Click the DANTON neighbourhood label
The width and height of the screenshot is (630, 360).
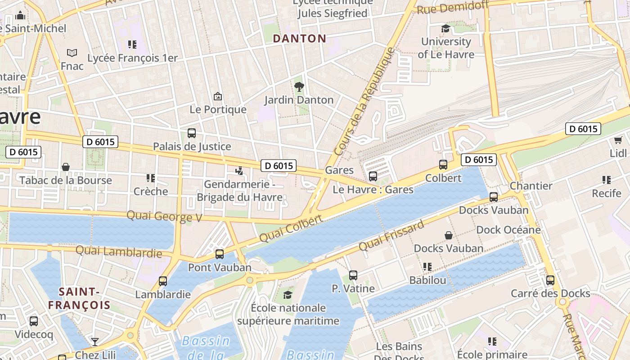299,39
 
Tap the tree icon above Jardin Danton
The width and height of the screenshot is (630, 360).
299,86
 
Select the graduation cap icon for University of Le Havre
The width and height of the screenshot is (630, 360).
445,29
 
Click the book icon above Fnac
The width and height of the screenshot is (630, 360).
72,53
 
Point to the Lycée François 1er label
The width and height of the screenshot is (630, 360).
132,58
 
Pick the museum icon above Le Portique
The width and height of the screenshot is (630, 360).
218,96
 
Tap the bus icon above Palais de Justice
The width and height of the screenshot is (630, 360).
192,133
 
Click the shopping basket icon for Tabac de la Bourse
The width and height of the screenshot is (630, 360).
66,167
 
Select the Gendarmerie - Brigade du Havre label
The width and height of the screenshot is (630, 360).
239,191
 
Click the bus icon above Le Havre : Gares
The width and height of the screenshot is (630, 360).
373,176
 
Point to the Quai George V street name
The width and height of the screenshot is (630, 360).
164,216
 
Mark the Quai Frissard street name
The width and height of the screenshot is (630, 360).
391,236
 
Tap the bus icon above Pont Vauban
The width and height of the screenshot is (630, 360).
220,254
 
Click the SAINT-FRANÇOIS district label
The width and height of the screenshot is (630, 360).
79,298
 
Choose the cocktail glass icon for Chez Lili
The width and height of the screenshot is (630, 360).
94,342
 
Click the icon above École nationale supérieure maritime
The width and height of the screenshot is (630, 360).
288,295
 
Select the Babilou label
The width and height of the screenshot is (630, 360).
427,280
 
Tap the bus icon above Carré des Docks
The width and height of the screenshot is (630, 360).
550,280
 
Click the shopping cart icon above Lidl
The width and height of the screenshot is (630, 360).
618,140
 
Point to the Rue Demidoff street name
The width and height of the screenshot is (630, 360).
452,7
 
